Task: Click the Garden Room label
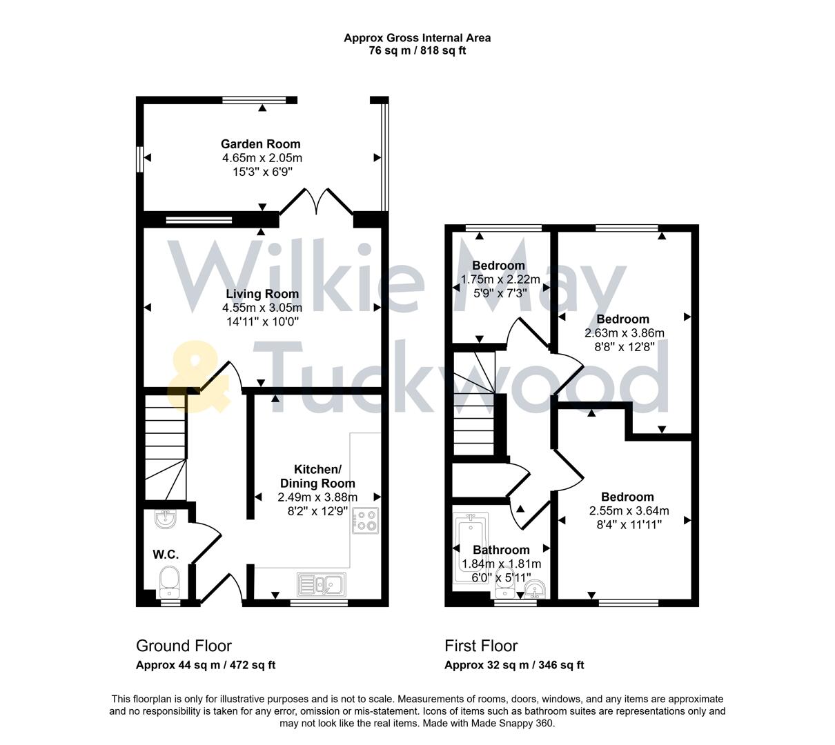pos(261,144)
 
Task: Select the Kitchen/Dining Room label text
pos(317,477)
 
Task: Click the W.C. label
pos(166,555)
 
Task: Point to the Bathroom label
pos(501,550)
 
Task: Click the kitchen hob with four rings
pos(366,521)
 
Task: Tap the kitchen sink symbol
pos(322,584)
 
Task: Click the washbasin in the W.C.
pos(165,519)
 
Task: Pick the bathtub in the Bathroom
pos(470,549)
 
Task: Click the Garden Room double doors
pos(317,200)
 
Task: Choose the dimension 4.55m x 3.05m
pos(262,308)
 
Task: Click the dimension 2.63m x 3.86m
pos(624,332)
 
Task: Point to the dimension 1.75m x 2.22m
pos(500,279)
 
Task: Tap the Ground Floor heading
pos(184,646)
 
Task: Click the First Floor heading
pos(481,646)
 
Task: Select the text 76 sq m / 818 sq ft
pos(417,50)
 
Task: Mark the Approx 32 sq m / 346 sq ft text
pos(514,666)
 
